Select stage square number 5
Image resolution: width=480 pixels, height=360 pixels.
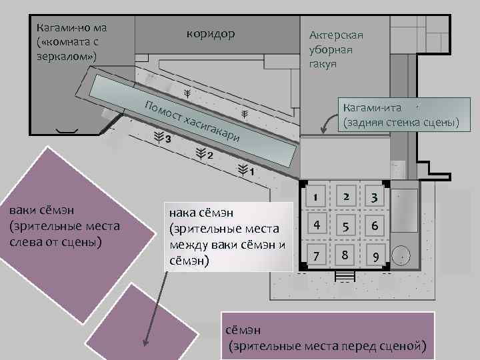pos(345,226)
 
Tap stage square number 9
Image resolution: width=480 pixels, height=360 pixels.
pos(375,255)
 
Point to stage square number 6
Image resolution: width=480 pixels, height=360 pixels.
pos(375,226)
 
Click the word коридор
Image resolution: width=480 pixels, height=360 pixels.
pos(211,34)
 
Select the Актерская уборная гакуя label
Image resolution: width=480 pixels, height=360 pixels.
pos(336,50)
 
